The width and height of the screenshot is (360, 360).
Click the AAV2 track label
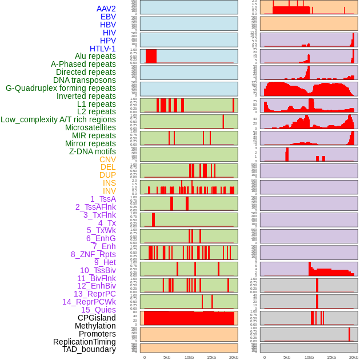[106, 9]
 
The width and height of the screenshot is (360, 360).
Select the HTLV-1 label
[102, 49]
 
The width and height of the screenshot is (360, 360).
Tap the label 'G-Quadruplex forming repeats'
[61, 88]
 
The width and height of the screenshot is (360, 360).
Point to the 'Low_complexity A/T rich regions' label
[58, 119]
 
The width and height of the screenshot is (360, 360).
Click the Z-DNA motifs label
[92, 151]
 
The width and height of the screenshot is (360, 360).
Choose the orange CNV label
[107, 159]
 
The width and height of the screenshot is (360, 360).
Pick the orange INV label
[109, 191]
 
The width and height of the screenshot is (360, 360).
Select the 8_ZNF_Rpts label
[93, 254]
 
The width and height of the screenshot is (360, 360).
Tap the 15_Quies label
[98, 310]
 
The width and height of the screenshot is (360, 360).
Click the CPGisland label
[97, 318]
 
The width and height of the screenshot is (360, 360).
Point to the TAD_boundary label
[89, 349]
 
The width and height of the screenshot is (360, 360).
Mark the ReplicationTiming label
[85, 342]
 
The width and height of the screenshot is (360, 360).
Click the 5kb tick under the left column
[167, 357]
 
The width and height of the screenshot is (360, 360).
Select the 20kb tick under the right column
[354, 357]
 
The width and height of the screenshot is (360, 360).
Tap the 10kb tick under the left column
[189, 357]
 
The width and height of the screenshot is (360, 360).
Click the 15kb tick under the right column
[331, 357]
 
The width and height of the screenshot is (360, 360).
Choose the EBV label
[108, 17]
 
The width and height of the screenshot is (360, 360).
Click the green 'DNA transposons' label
[85, 80]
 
